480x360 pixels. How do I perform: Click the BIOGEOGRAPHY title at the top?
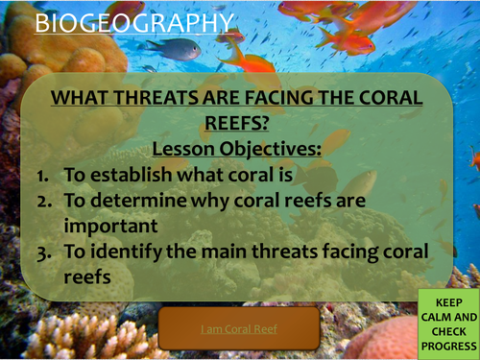132,22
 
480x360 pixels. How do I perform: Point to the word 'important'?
107,227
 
